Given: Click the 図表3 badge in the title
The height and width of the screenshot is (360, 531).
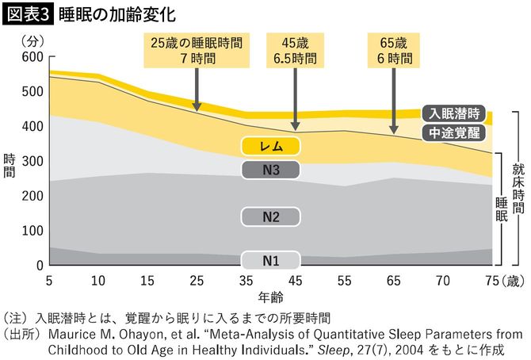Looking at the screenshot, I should coord(28,14).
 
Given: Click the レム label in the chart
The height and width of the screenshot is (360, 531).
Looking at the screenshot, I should coord(271,145).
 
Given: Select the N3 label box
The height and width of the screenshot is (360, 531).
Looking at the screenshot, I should coord(271,170).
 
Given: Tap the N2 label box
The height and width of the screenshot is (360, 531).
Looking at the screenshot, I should coord(271,216).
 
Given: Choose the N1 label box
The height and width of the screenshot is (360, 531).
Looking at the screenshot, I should coord(271,259).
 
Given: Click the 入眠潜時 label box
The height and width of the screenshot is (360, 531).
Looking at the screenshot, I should coord(453,113).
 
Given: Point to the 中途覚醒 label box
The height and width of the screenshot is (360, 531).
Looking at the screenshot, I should coord(453,132).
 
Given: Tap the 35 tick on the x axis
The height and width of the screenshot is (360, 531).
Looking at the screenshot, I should coord(246,280).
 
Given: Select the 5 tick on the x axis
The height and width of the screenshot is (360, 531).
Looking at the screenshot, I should coord(49,280).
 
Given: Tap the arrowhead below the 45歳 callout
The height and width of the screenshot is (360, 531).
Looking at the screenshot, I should coord(296,127).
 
